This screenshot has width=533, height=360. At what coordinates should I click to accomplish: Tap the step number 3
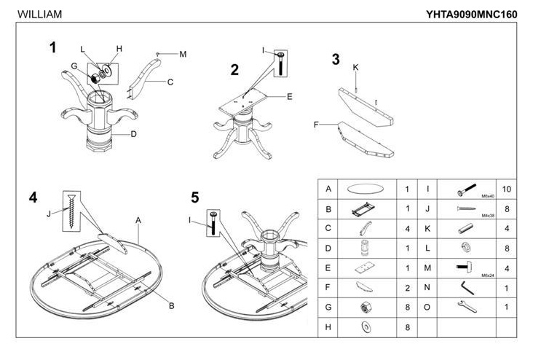pyautogui.click(x=336, y=60)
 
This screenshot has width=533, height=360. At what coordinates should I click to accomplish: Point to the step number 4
pyautogui.click(x=33, y=198)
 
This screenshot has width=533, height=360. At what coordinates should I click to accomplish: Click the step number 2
pyautogui.click(x=234, y=70)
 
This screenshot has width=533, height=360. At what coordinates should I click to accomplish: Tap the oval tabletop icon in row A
pyautogui.click(x=363, y=189)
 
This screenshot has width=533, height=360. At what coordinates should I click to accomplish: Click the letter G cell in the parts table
pyautogui.click(x=328, y=308)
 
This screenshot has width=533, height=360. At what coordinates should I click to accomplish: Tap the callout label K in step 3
pyautogui.click(x=355, y=67)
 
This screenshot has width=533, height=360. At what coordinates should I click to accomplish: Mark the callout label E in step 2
pyautogui.click(x=289, y=96)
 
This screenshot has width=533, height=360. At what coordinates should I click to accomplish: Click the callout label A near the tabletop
pyautogui.click(x=138, y=219)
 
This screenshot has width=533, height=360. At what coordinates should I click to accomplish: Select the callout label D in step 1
pyautogui.click(x=134, y=133)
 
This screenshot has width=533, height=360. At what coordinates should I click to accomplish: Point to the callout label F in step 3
pyautogui.click(x=317, y=125)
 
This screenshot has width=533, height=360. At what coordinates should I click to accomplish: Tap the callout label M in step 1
pyautogui.click(x=183, y=54)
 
